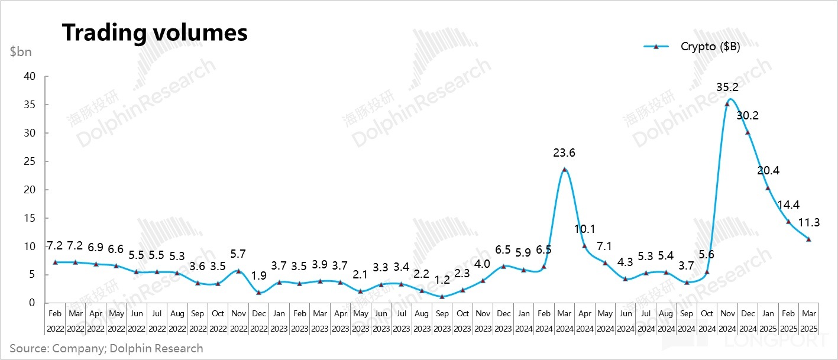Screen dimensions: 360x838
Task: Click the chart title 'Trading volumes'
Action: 155,33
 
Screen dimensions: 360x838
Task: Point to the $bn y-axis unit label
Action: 21,51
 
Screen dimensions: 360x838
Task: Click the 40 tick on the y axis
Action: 30,76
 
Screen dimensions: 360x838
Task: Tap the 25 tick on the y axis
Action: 30,161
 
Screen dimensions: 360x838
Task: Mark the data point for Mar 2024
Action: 565,170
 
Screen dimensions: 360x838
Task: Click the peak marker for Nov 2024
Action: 727,104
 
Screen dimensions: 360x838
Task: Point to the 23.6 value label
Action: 565,153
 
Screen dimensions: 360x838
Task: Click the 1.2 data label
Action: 442,280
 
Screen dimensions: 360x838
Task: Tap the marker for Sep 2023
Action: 442,296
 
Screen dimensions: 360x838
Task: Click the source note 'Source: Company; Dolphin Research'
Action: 106,348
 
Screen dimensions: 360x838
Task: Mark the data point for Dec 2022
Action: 258,293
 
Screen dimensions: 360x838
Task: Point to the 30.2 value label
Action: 748,116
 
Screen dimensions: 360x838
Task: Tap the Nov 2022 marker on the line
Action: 238,271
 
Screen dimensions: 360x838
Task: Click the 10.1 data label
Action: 585,229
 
